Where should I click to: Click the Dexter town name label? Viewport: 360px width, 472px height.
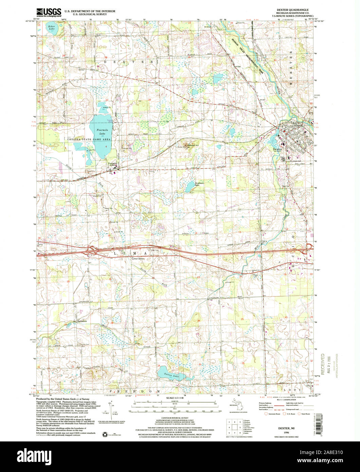pos(278,149)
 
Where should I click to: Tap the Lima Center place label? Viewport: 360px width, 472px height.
pos(138,259)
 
